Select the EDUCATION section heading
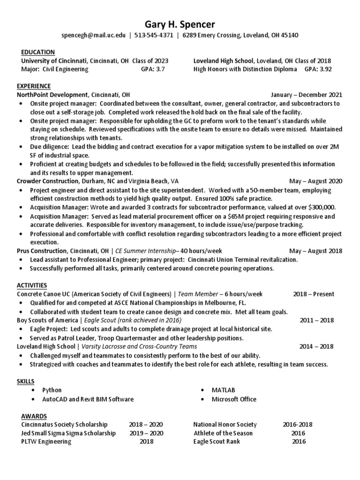pos(38,52)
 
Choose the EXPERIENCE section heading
pos(34,86)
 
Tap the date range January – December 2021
pos(307,95)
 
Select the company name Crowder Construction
pos(47,181)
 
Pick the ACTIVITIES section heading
pos(33,285)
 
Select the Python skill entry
pos(52,390)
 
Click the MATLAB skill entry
pos(223,390)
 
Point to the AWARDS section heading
pos(34,416)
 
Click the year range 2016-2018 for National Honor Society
pos(298,425)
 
